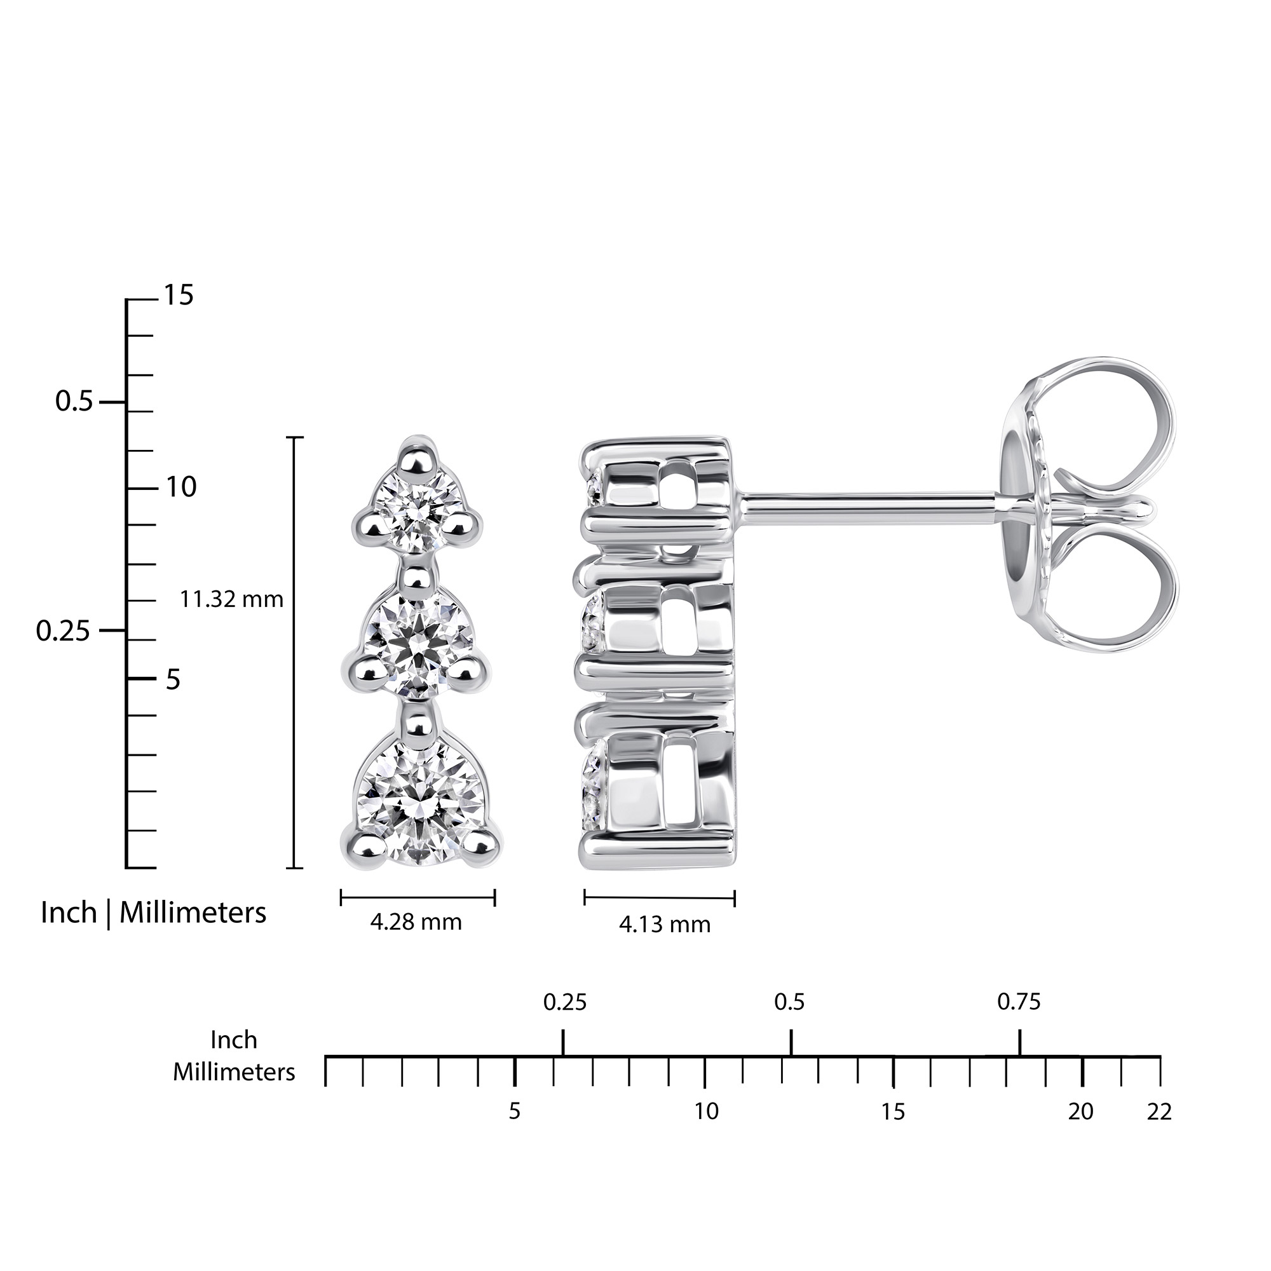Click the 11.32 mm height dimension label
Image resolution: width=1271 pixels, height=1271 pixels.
(x=231, y=599)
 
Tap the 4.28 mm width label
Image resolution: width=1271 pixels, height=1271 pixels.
(x=416, y=921)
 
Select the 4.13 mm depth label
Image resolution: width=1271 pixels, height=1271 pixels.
(x=665, y=924)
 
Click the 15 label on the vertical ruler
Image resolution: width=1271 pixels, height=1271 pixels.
(x=179, y=296)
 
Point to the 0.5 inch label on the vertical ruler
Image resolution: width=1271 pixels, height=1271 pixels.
(x=74, y=400)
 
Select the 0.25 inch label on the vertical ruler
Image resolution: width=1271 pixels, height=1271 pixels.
(x=63, y=630)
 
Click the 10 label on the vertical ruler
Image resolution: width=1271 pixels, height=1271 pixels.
(x=181, y=487)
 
